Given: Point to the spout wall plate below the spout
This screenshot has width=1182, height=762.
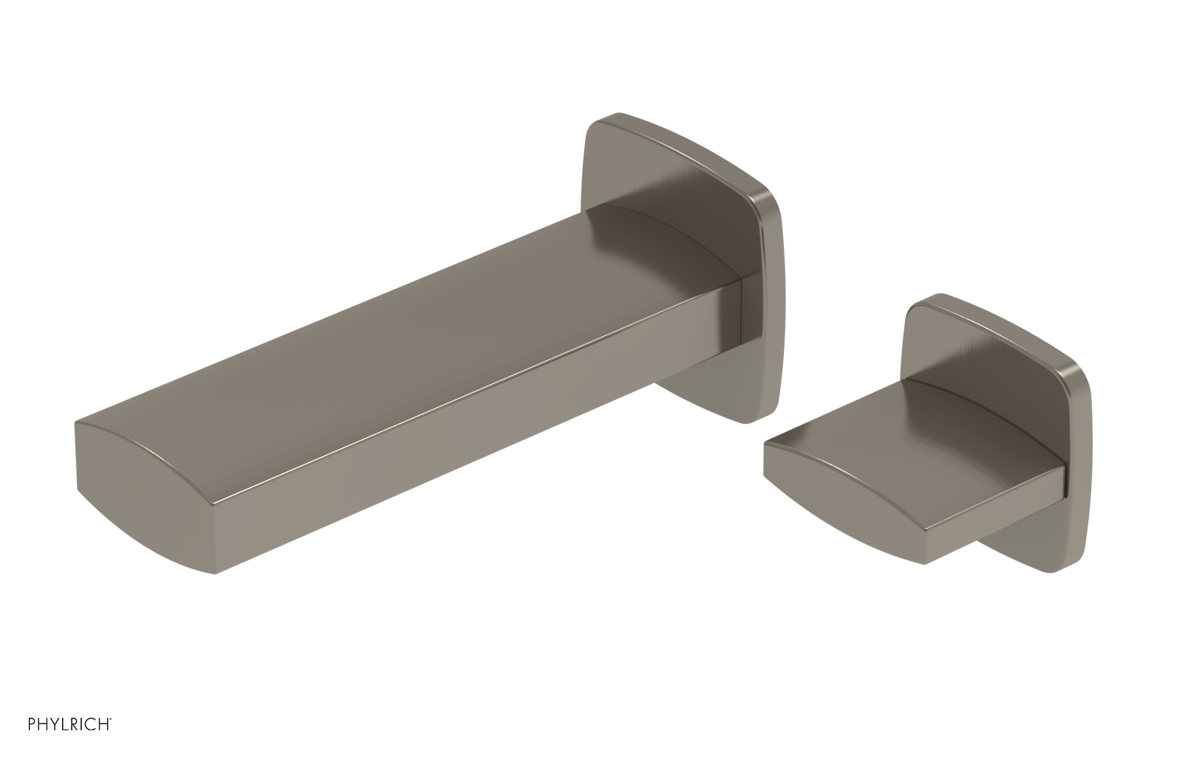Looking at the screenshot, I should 709,399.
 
